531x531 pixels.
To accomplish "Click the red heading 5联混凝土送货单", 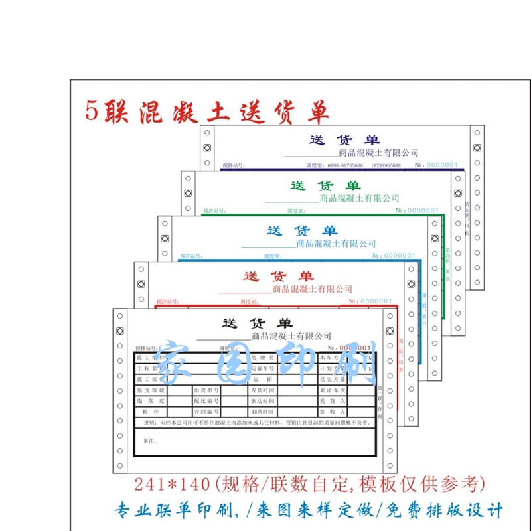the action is pos(207,111).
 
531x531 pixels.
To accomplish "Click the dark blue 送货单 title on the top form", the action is pos(344,140).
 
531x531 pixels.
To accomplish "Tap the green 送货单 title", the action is pos(325,185).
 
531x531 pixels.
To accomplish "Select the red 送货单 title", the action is pos(279,276).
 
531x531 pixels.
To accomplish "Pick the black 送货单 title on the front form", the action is pos(257,323).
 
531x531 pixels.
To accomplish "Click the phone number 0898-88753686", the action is pos(344,165).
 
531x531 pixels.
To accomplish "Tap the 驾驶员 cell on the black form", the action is pos(262,358).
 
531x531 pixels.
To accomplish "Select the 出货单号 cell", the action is pos(206,390).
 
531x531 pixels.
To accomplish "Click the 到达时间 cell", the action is pos(263,401).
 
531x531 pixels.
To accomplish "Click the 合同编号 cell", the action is pos(206,412).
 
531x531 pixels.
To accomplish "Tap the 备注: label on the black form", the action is pos(151,441).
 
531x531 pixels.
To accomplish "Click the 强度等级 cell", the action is pos(150,390).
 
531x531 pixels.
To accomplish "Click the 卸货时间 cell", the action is pos(263,412).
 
